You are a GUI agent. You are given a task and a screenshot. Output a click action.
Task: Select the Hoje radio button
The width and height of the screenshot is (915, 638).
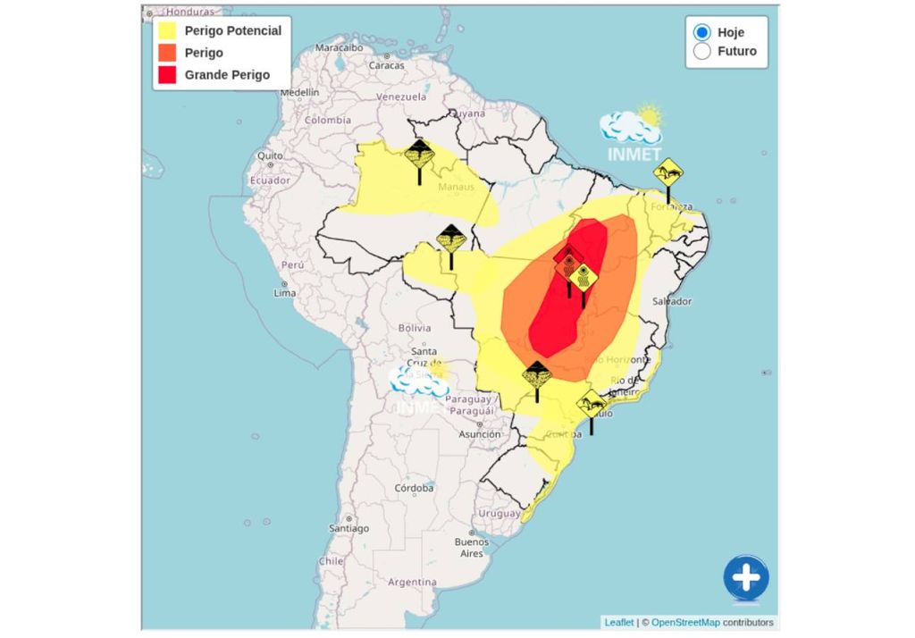[702, 32]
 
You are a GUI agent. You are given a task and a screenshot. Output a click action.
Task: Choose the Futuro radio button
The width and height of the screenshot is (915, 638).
[702, 51]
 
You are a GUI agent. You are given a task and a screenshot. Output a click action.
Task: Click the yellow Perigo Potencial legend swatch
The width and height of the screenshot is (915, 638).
[167, 30]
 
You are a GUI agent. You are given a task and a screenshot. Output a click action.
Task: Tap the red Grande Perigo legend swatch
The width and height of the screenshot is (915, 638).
[167, 75]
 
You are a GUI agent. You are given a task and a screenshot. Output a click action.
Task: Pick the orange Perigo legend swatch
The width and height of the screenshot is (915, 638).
[167, 53]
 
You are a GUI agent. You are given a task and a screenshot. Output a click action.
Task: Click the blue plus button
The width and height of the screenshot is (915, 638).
[745, 578]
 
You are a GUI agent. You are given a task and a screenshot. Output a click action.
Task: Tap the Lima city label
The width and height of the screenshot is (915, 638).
[284, 293]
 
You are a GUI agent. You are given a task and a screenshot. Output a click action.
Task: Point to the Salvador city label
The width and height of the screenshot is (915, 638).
[672, 301]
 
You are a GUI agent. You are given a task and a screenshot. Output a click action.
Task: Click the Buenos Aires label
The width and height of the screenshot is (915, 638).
[471, 547]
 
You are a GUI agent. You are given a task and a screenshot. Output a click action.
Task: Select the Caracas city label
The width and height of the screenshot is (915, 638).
[387, 65]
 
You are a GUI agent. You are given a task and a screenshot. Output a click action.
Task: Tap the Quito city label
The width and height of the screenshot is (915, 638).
[270, 155]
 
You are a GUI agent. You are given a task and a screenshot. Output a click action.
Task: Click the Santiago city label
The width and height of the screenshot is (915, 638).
[348, 528]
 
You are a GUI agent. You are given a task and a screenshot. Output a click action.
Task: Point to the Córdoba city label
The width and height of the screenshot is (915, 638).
[415, 488]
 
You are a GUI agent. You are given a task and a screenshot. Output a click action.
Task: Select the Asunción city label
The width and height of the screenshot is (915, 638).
[480, 434]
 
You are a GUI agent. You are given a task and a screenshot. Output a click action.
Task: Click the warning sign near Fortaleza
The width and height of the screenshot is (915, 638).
[667, 172]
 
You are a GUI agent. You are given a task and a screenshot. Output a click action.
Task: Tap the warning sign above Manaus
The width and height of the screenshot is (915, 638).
[419, 155]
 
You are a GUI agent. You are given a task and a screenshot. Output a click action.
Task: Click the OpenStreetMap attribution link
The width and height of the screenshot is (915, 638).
[685, 623]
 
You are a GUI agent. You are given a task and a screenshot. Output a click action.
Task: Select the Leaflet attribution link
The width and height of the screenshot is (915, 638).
[619, 623]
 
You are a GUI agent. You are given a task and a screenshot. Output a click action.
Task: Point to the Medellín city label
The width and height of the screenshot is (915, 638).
[299, 92]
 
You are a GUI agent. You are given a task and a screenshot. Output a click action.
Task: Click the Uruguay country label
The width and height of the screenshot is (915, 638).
[499, 514]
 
